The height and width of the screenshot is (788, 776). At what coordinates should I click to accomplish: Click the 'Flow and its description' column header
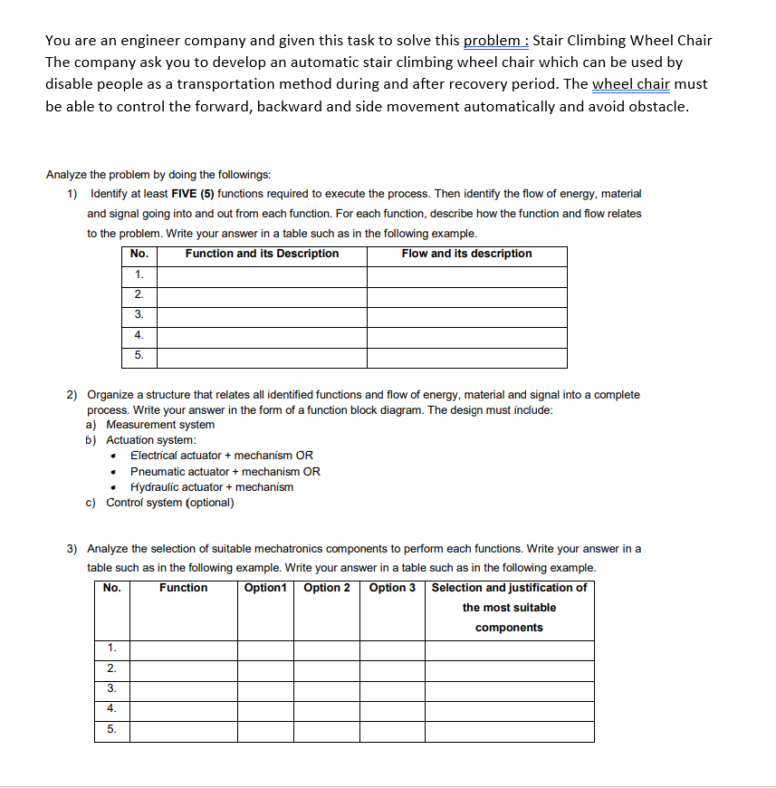466,254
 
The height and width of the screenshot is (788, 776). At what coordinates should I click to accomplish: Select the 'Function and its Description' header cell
262,254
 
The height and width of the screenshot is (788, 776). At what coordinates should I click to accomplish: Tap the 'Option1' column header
265,588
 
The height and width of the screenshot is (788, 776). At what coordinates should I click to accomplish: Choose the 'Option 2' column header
327,588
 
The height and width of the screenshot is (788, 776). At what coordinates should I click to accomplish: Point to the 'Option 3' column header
392,588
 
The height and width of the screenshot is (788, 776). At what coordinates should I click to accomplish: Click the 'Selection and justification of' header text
509,588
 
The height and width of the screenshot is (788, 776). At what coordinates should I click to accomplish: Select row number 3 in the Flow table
139,314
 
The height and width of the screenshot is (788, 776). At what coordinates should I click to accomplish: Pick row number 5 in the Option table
111,729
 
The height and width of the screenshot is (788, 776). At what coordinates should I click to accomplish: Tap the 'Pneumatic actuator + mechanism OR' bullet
225,472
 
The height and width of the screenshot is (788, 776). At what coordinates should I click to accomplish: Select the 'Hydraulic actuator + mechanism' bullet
212,487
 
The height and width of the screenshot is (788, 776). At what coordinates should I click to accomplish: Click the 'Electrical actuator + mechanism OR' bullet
222,456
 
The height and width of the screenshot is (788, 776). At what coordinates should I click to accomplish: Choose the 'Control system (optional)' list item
169,503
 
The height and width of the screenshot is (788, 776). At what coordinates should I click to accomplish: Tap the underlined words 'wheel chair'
630,84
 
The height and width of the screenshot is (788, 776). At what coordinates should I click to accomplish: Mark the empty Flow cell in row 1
466,274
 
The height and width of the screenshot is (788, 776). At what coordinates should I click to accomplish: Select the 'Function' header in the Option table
183,588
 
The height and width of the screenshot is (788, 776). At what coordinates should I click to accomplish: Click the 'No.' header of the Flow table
139,254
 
